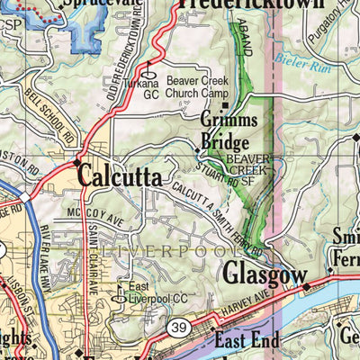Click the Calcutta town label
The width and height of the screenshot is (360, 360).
click(120, 175)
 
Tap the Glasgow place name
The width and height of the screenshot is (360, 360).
click(260, 273)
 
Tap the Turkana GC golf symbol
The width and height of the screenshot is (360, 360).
click(151, 76)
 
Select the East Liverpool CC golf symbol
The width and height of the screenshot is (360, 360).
click(124, 292)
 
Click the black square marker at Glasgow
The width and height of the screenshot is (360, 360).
click(306, 287)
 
